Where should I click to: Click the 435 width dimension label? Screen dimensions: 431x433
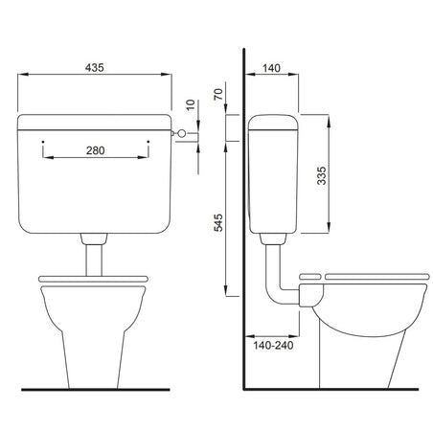tap(94, 68)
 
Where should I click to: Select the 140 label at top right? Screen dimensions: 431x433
tap(271, 68)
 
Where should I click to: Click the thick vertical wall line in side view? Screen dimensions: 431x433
tap(245, 239)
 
